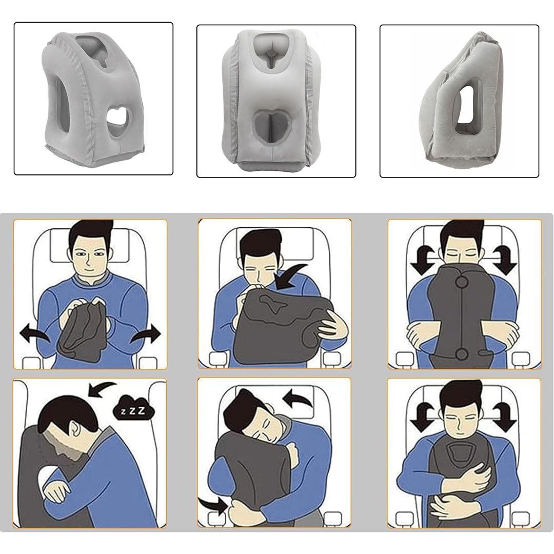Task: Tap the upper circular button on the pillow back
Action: (x=462, y=282)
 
